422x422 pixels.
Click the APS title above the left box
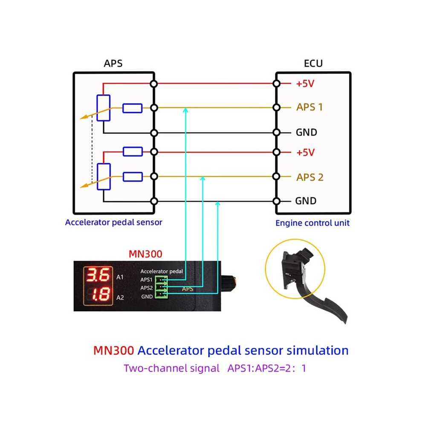tap(113, 63)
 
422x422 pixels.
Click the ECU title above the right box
tap(313, 64)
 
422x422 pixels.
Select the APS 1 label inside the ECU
tap(309, 107)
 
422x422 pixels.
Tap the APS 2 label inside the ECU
tap(310, 177)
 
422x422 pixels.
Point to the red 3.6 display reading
tap(98, 275)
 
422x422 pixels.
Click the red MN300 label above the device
tap(145, 254)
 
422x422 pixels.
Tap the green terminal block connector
tap(162, 287)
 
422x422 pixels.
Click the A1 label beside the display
tap(120, 277)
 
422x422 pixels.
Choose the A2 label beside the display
tap(120, 298)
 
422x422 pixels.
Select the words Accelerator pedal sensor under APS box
tap(113, 223)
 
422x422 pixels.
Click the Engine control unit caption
tap(312, 223)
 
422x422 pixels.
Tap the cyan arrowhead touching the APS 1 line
tap(185, 110)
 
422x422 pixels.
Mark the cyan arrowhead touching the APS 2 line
tap(203, 179)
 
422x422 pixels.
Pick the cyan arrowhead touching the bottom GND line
tap(218, 204)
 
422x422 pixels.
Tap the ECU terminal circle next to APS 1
tap(276, 108)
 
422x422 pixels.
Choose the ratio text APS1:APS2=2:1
tap(266, 368)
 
